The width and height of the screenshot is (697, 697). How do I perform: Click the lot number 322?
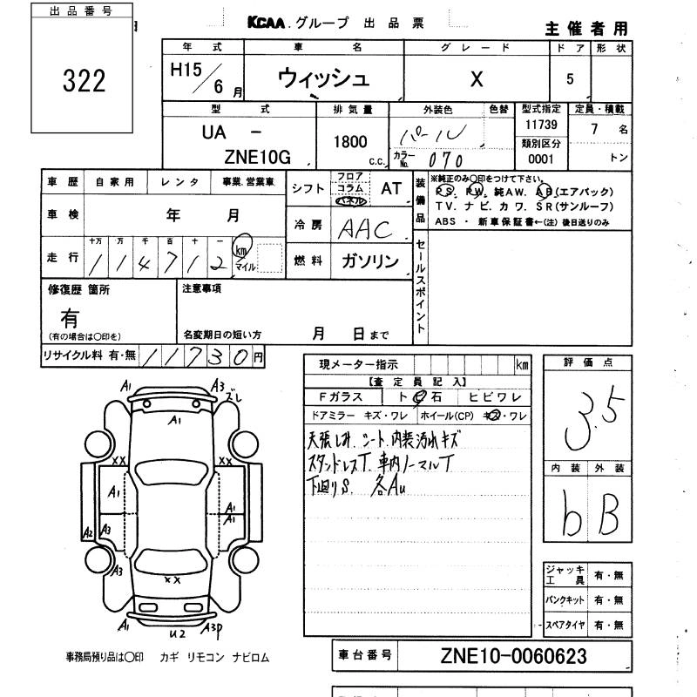[x=84, y=81]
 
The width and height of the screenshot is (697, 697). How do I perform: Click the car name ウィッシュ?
[x=322, y=78]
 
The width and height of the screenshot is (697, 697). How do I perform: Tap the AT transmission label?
[x=391, y=188]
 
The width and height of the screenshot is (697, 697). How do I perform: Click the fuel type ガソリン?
[x=368, y=261]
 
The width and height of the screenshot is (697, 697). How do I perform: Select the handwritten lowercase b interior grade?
[x=572, y=520]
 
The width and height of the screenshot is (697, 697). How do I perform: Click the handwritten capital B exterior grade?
[x=609, y=518]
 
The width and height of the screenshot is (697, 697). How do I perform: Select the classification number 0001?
[x=540, y=159]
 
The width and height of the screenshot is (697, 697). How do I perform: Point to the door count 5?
[x=570, y=79]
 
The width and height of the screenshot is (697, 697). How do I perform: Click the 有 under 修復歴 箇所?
[x=69, y=320]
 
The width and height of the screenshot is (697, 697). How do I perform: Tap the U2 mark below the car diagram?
[x=178, y=633]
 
